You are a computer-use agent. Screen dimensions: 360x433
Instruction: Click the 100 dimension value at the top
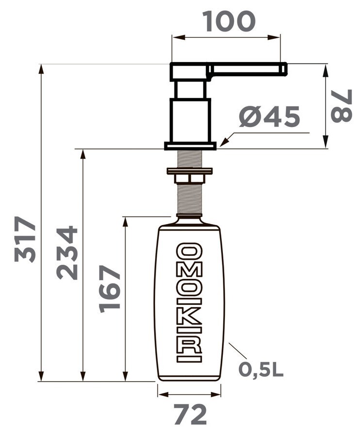point(229,21)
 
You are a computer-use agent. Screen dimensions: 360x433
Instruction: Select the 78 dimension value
point(342,106)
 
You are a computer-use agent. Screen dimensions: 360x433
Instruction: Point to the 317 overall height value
point(25,239)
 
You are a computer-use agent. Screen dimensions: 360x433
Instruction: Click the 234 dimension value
point(67,253)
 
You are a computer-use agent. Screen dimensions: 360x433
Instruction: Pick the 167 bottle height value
point(110,289)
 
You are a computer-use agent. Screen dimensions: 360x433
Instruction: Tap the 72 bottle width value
point(190,415)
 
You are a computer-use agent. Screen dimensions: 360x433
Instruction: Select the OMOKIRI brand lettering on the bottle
point(189,303)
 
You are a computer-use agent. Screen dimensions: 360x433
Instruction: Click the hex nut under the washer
point(189,178)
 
